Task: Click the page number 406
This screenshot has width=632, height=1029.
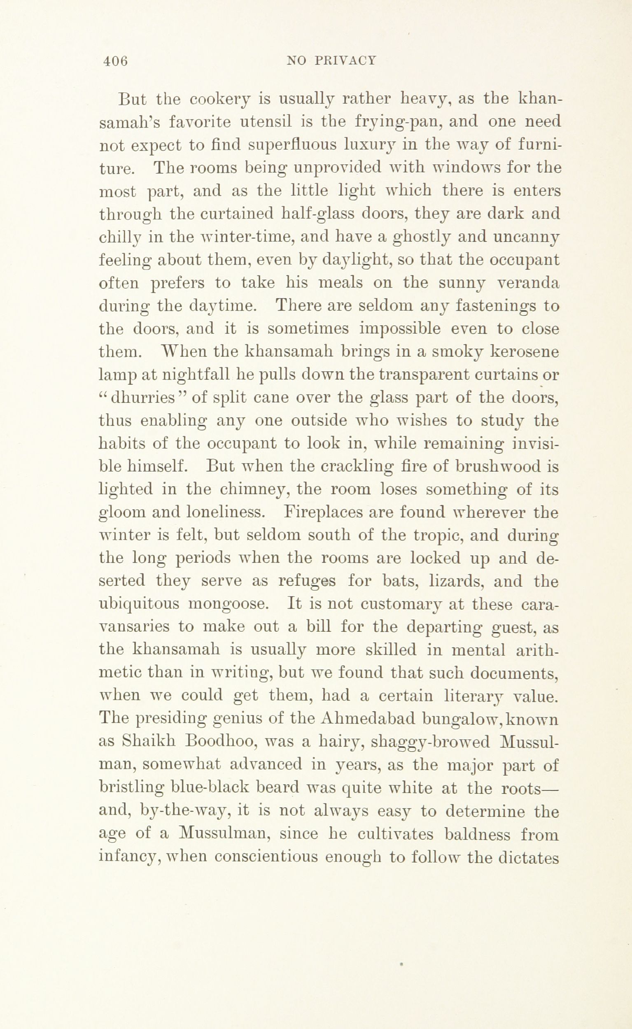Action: pos(115,61)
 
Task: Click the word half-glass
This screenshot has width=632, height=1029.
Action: pos(315,214)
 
